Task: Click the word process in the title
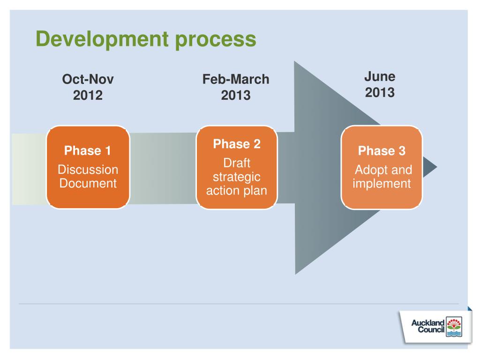[216, 40]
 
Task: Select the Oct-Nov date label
[88, 80]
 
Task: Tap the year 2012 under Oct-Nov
[88, 96]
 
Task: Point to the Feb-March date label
[236, 79]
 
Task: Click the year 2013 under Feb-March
[236, 96]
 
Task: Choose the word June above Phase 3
[380, 76]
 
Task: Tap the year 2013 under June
[380, 92]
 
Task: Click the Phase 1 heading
[88, 151]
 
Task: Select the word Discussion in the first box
[88, 170]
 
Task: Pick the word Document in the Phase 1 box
[88, 183]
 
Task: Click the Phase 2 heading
[237, 144]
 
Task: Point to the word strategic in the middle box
[237, 177]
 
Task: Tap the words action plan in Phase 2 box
[237, 191]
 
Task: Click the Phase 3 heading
[382, 151]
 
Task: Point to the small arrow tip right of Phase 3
[431, 167]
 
